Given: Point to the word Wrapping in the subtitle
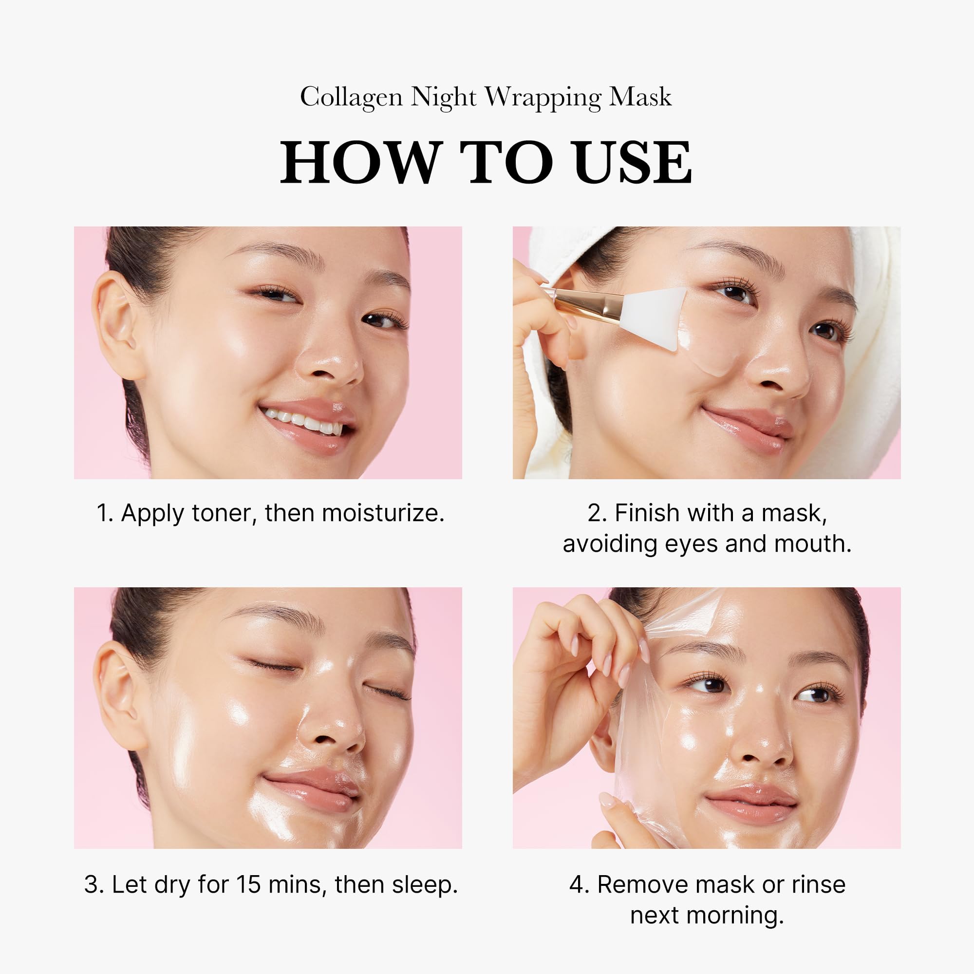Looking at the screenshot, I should point(543,97).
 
